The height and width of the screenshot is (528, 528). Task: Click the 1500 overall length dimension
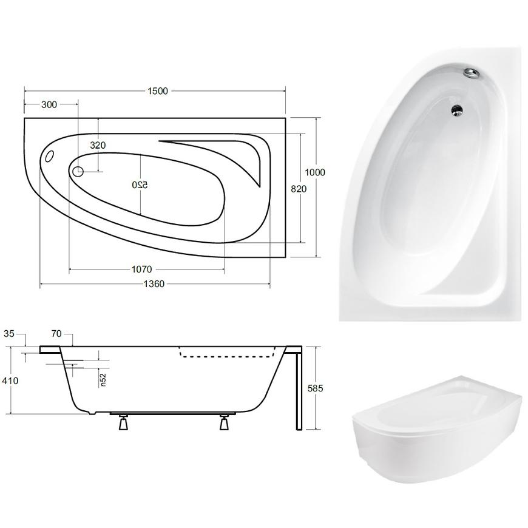pyautogui.click(x=158, y=91)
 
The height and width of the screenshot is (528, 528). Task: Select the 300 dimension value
pyautogui.click(x=49, y=104)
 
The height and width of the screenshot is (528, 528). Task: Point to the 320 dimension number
pyautogui.click(x=98, y=145)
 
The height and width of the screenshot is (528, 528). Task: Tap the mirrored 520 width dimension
pyautogui.click(x=140, y=185)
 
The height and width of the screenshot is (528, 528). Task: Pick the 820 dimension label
pyautogui.click(x=299, y=189)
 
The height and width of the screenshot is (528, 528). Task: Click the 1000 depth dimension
pyautogui.click(x=315, y=172)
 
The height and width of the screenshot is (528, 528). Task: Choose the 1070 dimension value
pyautogui.click(x=142, y=269)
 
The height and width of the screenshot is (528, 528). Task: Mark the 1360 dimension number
pyautogui.click(x=154, y=284)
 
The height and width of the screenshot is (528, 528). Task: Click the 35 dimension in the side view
pyautogui.click(x=9, y=334)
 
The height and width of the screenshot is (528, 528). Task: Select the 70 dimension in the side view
pyautogui.click(x=56, y=334)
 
